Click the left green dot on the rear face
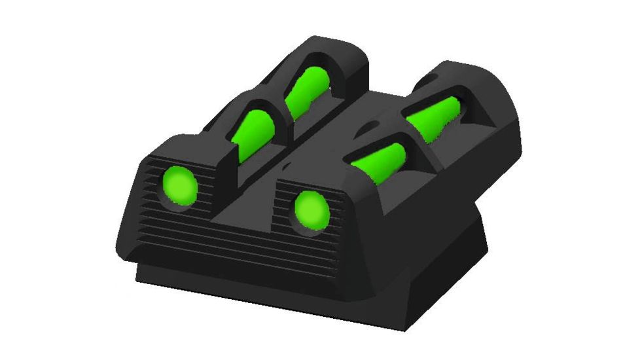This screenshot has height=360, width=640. tap(179, 187)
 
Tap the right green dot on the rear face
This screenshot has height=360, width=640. tap(311, 210)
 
